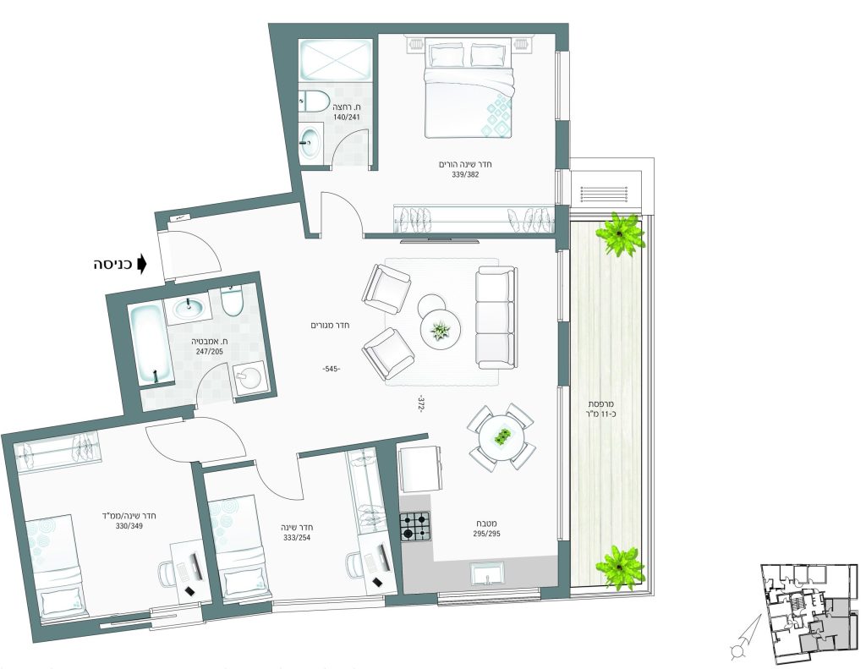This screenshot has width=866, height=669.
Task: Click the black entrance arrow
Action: point(142,264)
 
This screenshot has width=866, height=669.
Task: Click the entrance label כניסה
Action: point(112,264)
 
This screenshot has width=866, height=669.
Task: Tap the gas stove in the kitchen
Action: point(414,526)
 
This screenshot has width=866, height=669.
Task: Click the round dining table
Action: point(502,436)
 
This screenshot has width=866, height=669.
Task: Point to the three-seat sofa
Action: point(496,318)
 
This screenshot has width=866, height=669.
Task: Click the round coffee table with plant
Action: point(441,330)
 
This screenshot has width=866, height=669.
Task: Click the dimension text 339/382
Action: point(465,174)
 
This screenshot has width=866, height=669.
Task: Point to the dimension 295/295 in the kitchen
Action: point(486,535)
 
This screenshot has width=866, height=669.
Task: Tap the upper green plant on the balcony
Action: point(620,234)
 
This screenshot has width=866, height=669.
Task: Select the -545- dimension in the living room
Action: point(332,369)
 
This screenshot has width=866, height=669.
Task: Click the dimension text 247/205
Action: point(210,351)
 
